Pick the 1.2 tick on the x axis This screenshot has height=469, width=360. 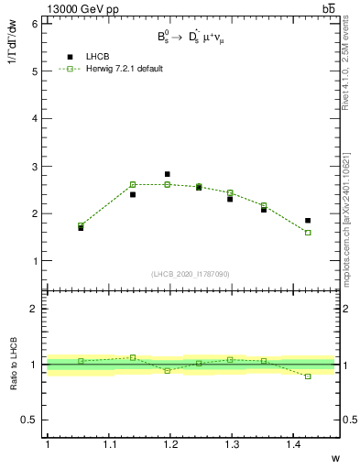169,444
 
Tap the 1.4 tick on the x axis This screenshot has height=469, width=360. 292,444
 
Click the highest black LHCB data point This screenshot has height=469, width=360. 167,174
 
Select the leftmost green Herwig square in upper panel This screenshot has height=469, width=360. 81,225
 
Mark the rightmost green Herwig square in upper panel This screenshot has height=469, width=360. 308,233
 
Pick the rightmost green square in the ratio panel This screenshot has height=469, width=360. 308,376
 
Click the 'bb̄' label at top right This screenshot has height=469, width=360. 329,8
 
